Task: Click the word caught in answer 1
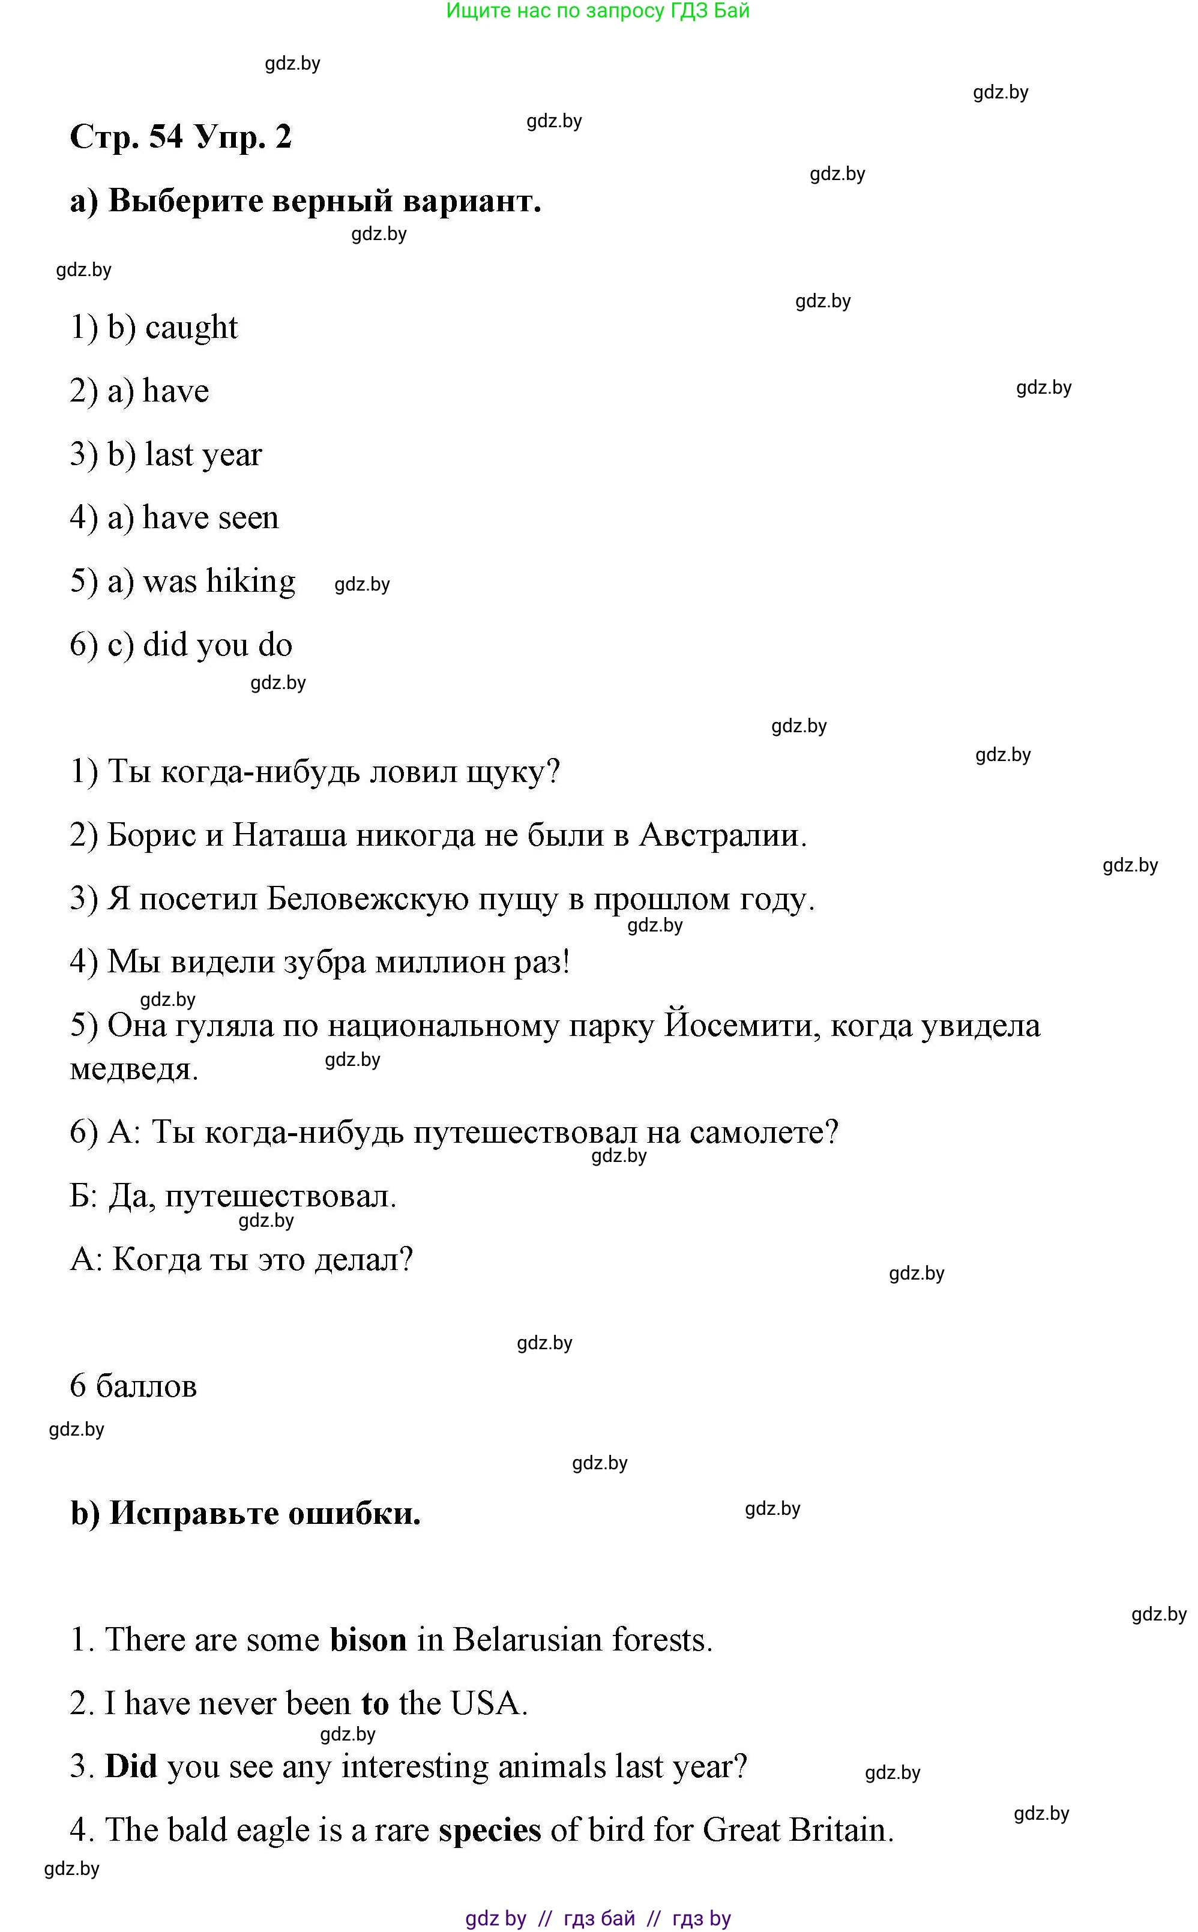click(x=191, y=328)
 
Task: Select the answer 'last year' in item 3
click(x=203, y=455)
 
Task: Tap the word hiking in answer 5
click(x=250, y=582)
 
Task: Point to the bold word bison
click(x=369, y=1640)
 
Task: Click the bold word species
click(x=490, y=1831)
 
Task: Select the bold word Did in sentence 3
click(x=131, y=1766)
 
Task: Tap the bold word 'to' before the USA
click(x=375, y=1704)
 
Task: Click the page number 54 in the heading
click(x=166, y=136)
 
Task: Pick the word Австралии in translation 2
click(x=723, y=835)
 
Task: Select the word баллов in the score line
click(x=146, y=1386)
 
